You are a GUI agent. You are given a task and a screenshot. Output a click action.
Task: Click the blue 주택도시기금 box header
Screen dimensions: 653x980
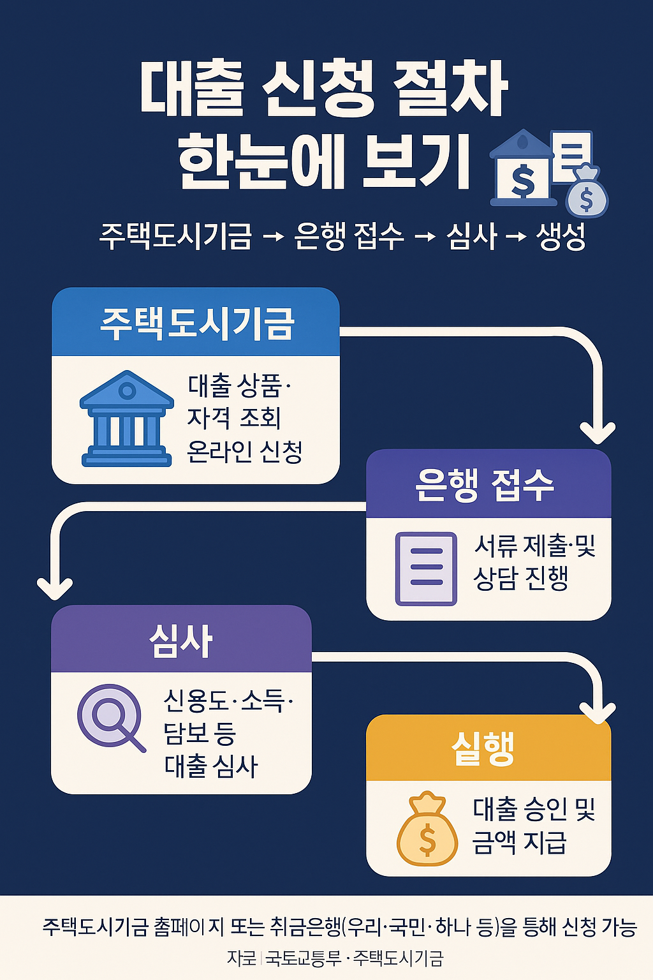pos(195,323)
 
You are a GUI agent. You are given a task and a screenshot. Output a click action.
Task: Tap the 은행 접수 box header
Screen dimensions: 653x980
pos(488,484)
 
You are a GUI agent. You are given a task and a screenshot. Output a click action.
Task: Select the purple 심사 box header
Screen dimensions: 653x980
pos(181,640)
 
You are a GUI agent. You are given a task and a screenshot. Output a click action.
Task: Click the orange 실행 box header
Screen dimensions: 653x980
pos(488,748)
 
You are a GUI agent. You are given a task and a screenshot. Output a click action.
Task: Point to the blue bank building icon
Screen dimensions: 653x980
pos(127,419)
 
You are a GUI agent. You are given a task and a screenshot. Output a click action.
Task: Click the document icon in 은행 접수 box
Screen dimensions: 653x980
pos(426,568)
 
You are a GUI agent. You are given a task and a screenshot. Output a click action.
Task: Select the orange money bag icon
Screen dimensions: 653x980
pos(427,829)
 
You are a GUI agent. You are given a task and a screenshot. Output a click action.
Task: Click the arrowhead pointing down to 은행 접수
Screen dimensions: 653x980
pos(598,433)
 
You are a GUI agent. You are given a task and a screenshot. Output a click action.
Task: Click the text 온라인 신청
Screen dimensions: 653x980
pos(245,452)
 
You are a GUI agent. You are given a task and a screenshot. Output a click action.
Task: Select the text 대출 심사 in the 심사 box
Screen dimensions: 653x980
pos(211,766)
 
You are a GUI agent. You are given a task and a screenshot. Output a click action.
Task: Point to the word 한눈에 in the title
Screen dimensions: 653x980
pos(262,160)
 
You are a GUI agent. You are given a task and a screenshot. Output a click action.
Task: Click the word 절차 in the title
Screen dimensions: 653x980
pos(450,89)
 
